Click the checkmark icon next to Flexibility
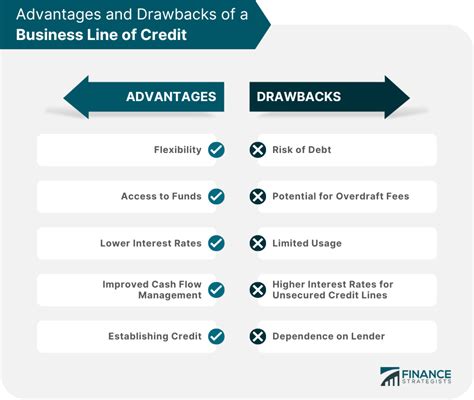click(x=216, y=150)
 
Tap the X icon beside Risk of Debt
click(x=258, y=150)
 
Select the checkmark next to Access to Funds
click(x=216, y=196)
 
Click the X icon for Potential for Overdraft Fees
click(x=258, y=196)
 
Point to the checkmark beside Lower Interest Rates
click(x=216, y=243)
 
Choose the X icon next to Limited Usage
click(x=258, y=243)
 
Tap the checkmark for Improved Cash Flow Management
click(x=216, y=290)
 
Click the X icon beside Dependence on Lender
click(x=258, y=336)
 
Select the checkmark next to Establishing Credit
click(x=216, y=336)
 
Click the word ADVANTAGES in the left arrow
click(x=171, y=97)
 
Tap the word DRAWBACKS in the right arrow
click(x=299, y=97)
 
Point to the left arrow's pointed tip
click(x=64, y=98)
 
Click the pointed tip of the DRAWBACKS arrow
click(x=410, y=98)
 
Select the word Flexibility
click(x=178, y=150)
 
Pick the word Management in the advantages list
click(x=170, y=295)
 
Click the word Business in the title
click(x=49, y=35)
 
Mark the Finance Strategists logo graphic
click(x=390, y=377)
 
